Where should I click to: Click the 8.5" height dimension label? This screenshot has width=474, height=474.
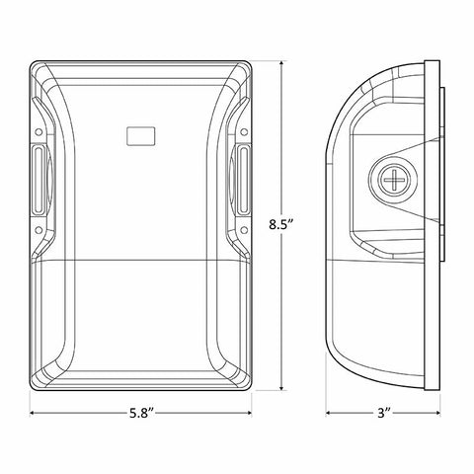point(280,225)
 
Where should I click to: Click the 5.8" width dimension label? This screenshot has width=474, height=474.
point(141,413)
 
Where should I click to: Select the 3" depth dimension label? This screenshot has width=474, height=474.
point(383,413)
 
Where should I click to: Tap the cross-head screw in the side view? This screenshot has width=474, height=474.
point(394,180)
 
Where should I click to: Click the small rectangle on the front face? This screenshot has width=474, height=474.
point(141,135)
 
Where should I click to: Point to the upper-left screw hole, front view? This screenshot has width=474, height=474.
point(39,132)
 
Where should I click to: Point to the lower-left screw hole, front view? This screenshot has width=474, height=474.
point(39,230)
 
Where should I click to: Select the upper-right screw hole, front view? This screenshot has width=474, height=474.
point(244,132)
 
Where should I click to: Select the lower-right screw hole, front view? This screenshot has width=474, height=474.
point(244,230)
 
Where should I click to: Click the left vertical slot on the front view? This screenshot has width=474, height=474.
point(39,181)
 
